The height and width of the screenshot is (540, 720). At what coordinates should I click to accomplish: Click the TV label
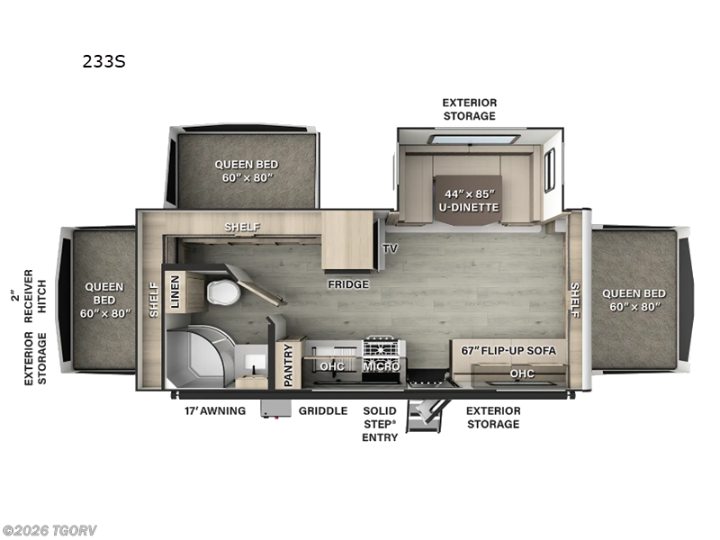(390, 248)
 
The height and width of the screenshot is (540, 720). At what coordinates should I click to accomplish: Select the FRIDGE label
(348, 284)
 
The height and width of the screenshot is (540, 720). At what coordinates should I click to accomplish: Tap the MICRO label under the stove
(382, 366)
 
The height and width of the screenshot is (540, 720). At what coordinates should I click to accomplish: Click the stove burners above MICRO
(382, 347)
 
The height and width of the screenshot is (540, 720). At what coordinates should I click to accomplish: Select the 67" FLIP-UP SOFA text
(508, 349)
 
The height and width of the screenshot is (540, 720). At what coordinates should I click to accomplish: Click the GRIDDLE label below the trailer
(323, 410)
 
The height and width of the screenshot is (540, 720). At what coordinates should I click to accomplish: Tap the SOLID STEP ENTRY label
(380, 424)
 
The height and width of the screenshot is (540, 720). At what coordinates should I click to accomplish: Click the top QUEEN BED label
(246, 171)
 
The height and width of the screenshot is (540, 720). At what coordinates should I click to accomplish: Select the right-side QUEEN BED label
(634, 300)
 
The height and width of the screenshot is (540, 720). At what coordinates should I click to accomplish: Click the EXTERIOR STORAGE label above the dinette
(469, 109)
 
